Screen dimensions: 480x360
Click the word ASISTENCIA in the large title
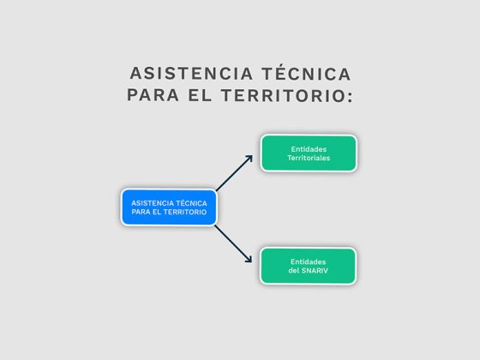point(191,74)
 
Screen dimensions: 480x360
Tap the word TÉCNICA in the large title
point(307,73)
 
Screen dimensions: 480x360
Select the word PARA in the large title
point(153,95)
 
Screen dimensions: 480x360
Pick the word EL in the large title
point(200,95)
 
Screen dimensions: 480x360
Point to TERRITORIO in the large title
point(283,95)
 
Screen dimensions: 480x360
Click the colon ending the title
point(350,97)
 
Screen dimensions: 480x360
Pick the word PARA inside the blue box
point(141,213)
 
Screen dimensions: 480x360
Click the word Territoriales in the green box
point(309,158)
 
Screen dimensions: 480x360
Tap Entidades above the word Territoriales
point(309,149)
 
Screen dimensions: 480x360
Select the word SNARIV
point(315,271)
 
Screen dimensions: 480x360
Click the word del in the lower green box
point(294,271)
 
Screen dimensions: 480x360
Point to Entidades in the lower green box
point(308,261)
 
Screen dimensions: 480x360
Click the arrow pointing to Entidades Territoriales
point(235,173)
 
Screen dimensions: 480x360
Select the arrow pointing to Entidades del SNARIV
point(233,244)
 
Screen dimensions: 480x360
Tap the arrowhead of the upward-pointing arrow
point(249,159)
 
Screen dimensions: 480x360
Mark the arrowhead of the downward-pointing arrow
point(249,259)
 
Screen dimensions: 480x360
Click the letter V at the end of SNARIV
point(325,271)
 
